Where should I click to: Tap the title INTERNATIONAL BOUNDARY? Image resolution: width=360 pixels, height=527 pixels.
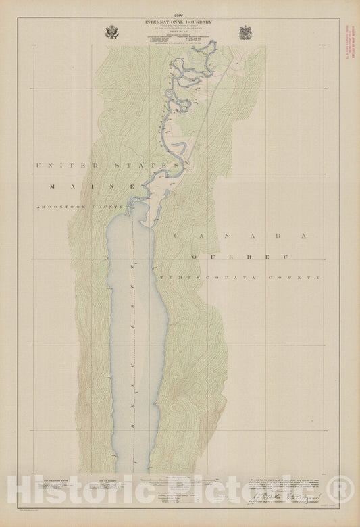[x=178, y=22]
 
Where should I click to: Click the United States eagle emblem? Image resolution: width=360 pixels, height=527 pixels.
[x=111, y=32]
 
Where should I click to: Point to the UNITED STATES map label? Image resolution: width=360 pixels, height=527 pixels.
[x=108, y=165]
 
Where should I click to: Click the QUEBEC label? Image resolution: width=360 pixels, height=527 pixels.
[x=239, y=257]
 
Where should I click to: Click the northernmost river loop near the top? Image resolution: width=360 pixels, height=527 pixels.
[x=209, y=46]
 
